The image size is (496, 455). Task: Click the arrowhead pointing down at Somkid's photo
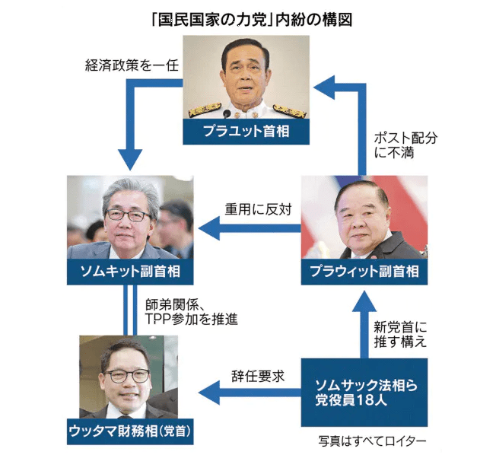pos(130,161)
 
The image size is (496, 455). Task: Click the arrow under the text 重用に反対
pos(251,226)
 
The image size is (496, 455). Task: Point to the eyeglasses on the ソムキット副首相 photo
pos(128,215)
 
